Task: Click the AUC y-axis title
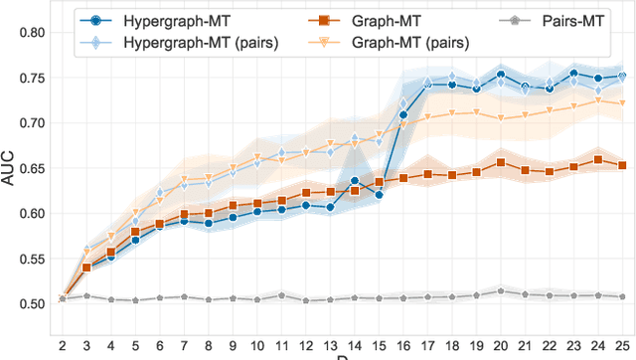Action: [12, 167]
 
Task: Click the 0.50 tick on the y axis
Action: [29, 303]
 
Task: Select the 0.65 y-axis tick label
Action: [29, 168]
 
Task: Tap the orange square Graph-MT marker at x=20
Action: [500, 163]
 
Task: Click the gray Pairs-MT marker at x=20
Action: [500, 291]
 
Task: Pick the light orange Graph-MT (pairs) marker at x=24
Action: [597, 100]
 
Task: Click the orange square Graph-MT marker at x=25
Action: [621, 165]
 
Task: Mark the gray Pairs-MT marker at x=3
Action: [87, 295]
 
